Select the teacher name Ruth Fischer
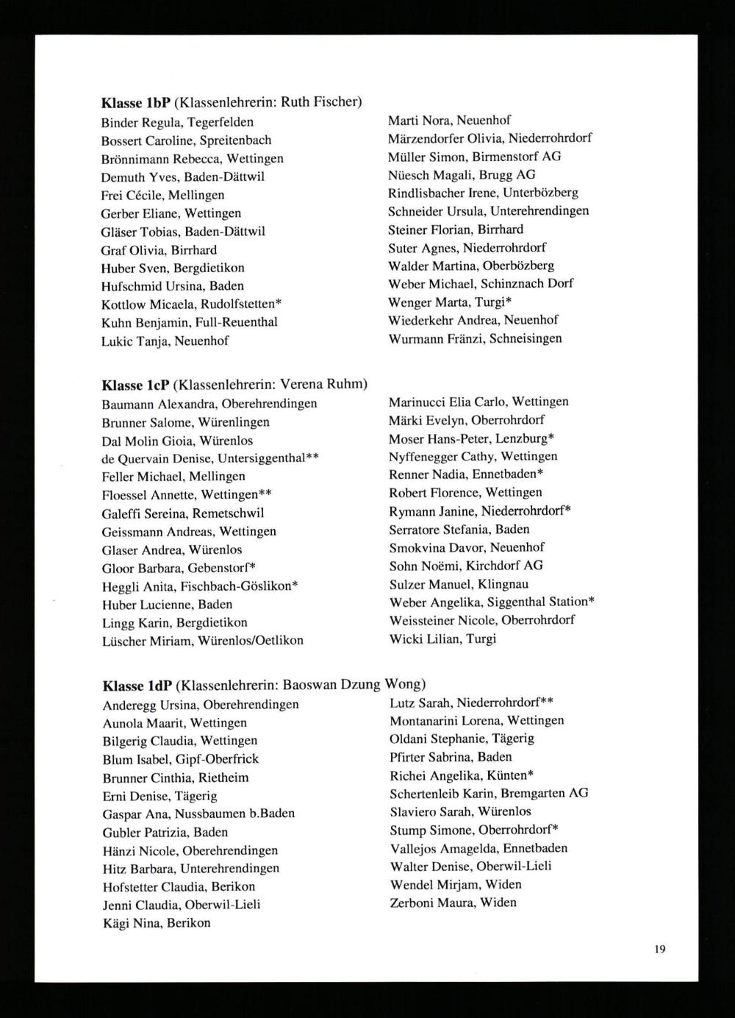click(320, 102)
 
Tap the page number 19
click(659, 949)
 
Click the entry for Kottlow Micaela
click(192, 304)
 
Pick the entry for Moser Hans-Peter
click(471, 438)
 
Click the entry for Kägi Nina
click(156, 923)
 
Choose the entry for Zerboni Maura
click(453, 903)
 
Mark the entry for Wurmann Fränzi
click(475, 338)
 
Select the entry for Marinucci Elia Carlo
click(478, 402)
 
